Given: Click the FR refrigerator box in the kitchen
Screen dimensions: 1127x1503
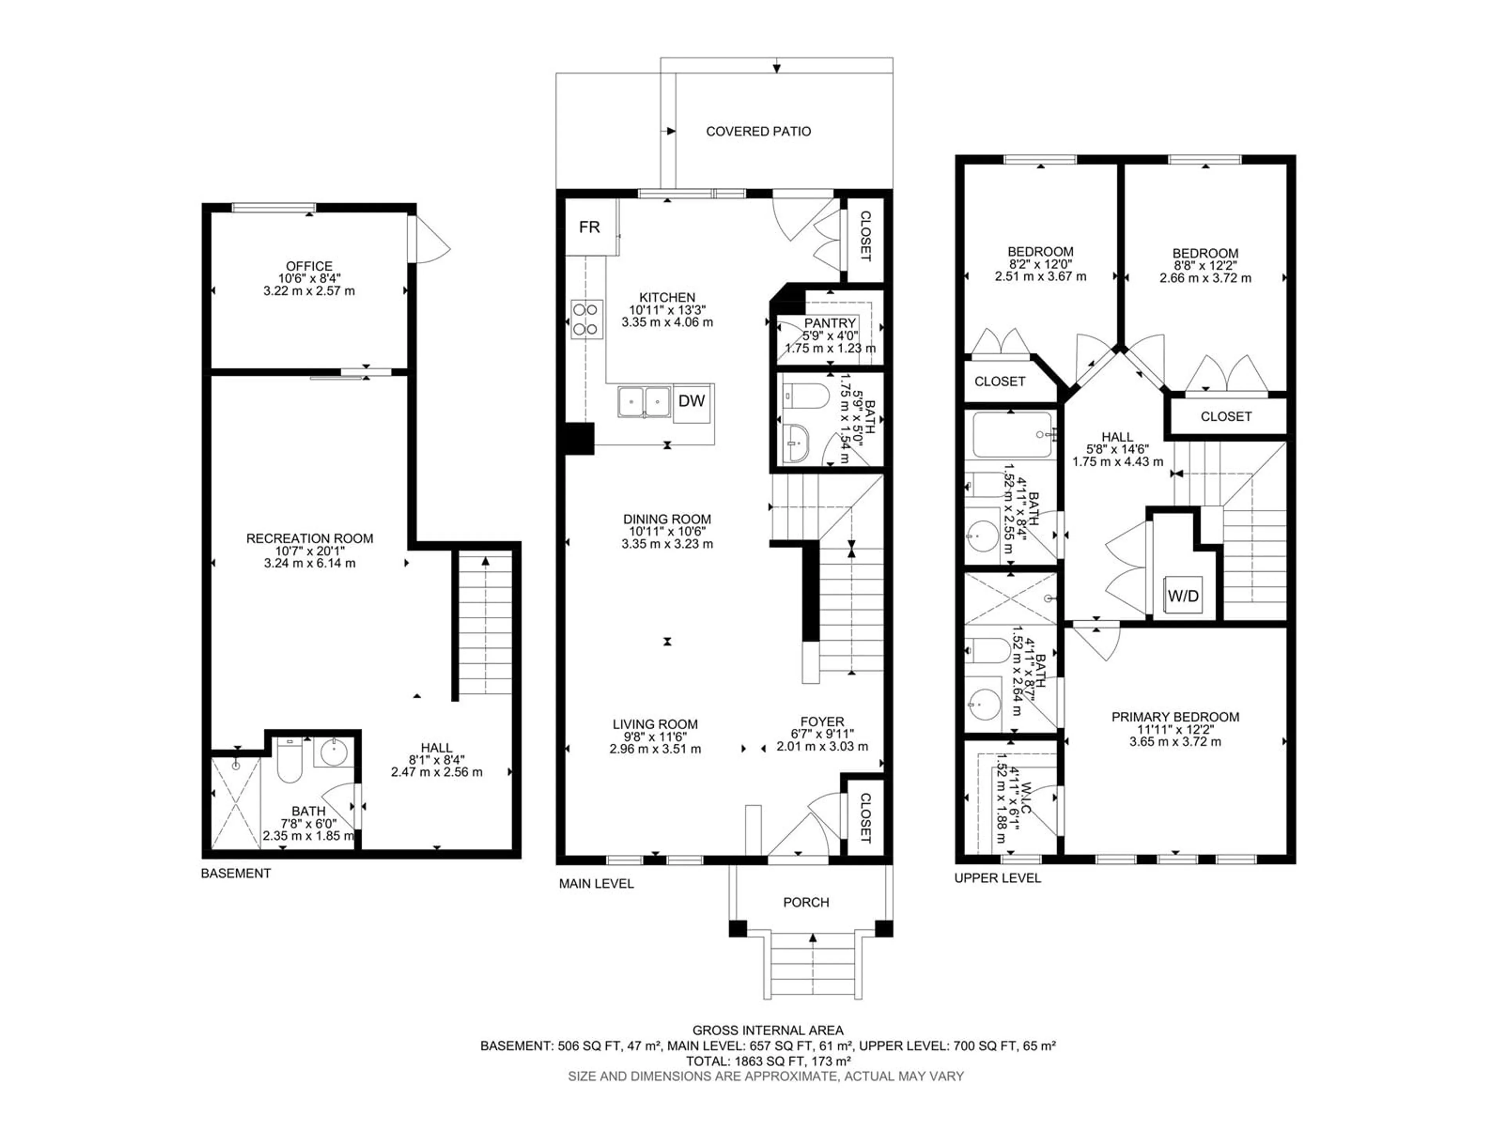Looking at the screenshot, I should tap(589, 227).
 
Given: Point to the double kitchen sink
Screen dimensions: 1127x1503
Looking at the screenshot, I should tap(644, 401).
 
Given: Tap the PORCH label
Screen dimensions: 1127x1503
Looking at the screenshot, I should tap(806, 902).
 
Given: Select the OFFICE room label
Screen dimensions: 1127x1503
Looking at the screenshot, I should tap(309, 266).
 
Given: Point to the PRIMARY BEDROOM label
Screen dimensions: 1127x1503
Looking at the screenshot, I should tap(1175, 717).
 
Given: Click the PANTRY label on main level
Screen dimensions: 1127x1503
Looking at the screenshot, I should tap(830, 323).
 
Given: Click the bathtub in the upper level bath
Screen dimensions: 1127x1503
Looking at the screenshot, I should tap(1012, 435).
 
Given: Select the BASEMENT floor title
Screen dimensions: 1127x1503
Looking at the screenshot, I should tap(236, 873).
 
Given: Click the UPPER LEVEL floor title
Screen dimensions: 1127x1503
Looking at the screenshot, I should tap(997, 879).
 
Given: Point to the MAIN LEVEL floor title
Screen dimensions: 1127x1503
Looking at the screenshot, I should tap(596, 884).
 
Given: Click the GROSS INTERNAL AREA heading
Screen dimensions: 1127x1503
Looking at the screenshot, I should tap(768, 1030).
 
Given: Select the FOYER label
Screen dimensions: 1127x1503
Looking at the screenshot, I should tap(822, 722).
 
